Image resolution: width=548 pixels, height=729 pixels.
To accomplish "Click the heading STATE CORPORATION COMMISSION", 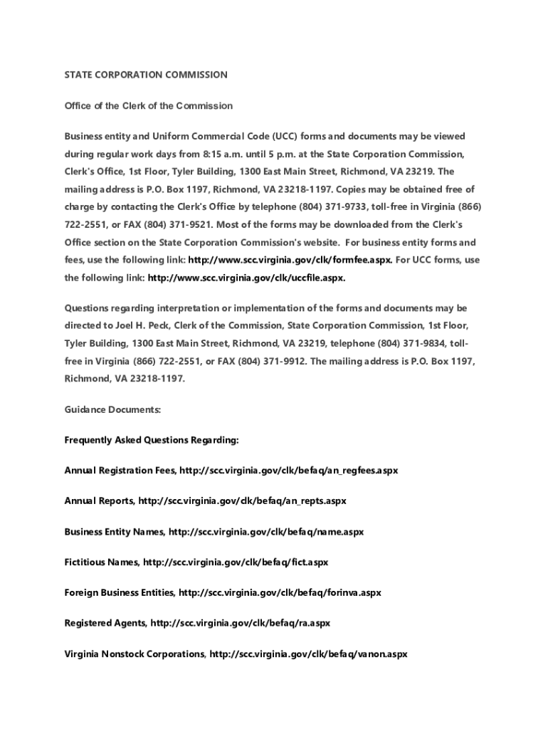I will click(146, 75).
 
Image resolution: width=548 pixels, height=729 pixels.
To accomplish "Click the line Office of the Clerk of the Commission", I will click(148, 106).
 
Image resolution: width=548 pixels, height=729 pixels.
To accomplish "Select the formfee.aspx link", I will click(290, 260).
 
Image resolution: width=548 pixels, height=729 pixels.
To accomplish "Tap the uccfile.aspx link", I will click(246, 278).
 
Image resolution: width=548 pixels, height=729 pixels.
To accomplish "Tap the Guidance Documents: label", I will click(112, 410).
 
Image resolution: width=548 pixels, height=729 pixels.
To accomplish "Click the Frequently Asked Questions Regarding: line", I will click(152, 440).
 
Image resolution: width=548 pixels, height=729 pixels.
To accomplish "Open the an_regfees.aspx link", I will click(289, 471).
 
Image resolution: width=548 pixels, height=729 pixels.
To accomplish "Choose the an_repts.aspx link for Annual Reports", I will click(243, 500).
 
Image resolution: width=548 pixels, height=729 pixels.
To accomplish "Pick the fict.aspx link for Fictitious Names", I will click(236, 562).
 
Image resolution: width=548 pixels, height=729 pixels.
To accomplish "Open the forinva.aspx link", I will click(280, 592).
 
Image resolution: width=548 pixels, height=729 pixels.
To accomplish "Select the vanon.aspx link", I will click(308, 654).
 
